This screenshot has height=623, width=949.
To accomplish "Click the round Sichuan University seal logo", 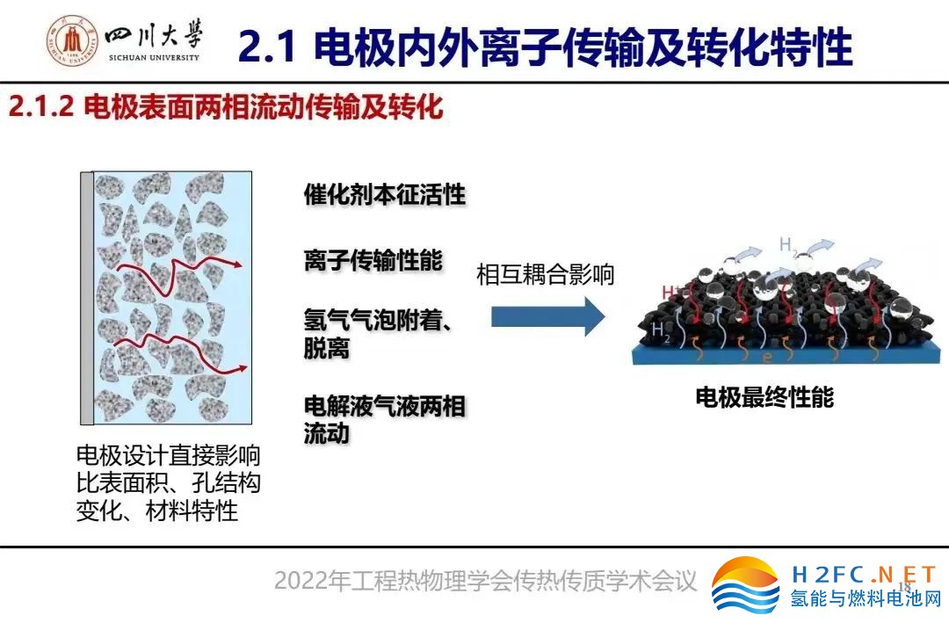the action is tap(73, 40).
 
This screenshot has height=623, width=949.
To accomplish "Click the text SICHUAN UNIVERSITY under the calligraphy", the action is tap(154, 57).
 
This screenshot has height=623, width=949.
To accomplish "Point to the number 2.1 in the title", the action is tap(267, 46).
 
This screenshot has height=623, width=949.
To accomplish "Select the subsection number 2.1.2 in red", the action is tap(40, 106).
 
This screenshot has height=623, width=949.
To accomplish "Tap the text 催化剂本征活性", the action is tap(385, 194).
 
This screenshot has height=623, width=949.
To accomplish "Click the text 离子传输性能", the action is tap(373, 260).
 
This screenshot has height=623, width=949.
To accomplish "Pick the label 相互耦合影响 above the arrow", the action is tap(546, 274).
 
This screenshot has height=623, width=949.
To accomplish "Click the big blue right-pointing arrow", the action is tap(547, 316).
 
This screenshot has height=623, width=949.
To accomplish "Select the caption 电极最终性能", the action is tap(764, 397).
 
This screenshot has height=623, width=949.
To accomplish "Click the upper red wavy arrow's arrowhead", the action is tap(237, 264).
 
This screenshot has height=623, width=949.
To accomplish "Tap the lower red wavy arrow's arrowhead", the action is tap(243, 367).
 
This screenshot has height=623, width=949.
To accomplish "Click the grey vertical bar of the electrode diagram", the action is tap(87, 299).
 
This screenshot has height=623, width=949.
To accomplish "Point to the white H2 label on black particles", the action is tap(660, 331).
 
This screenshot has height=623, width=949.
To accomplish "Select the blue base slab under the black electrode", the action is tap(786, 353).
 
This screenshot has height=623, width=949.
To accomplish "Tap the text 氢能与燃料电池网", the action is tap(866, 598).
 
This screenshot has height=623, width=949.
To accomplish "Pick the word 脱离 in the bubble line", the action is tap(327, 348).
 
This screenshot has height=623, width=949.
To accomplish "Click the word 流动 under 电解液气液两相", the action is tap(327, 433).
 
